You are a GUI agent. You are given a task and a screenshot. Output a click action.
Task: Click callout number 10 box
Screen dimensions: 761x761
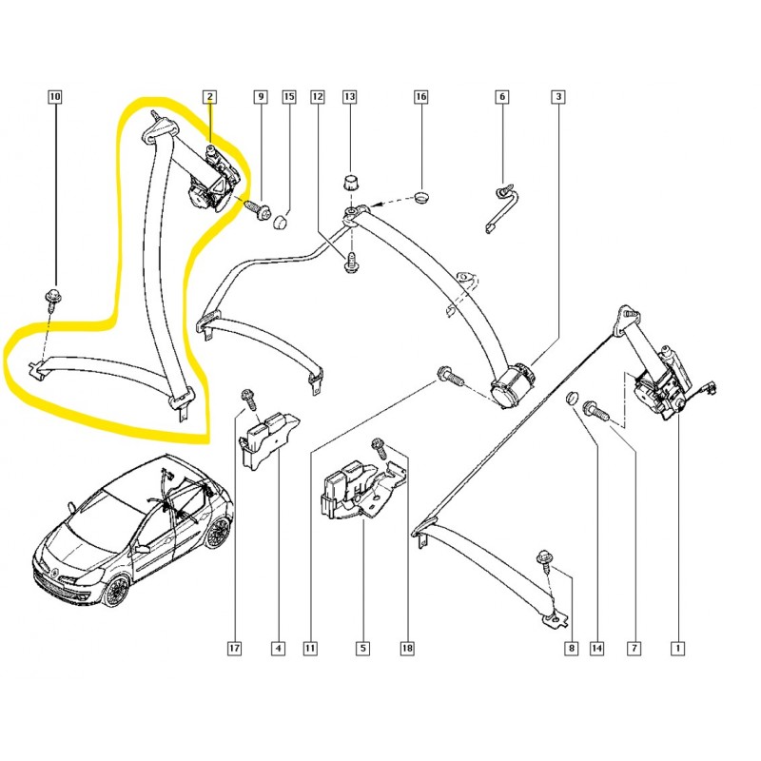54,96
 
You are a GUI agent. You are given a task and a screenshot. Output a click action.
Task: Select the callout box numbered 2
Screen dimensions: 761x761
209,96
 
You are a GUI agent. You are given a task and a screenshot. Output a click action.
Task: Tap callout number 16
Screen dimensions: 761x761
421,96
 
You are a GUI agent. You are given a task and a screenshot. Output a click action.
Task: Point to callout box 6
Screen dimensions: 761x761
501,96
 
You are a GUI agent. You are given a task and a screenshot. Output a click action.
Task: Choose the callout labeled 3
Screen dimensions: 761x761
558,96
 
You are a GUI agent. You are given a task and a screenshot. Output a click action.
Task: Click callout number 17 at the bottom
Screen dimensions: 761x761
234,649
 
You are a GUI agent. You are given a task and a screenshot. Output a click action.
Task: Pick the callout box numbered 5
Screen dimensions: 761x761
362,649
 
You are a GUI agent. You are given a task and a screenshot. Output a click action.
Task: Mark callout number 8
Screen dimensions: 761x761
570,649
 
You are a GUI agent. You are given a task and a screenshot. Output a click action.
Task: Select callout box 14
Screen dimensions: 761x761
597,649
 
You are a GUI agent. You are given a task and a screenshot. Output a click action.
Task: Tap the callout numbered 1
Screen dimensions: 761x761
677,649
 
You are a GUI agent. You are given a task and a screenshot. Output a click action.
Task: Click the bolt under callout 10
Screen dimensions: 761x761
51,296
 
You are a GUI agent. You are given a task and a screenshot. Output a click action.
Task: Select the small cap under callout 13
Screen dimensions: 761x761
349,183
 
